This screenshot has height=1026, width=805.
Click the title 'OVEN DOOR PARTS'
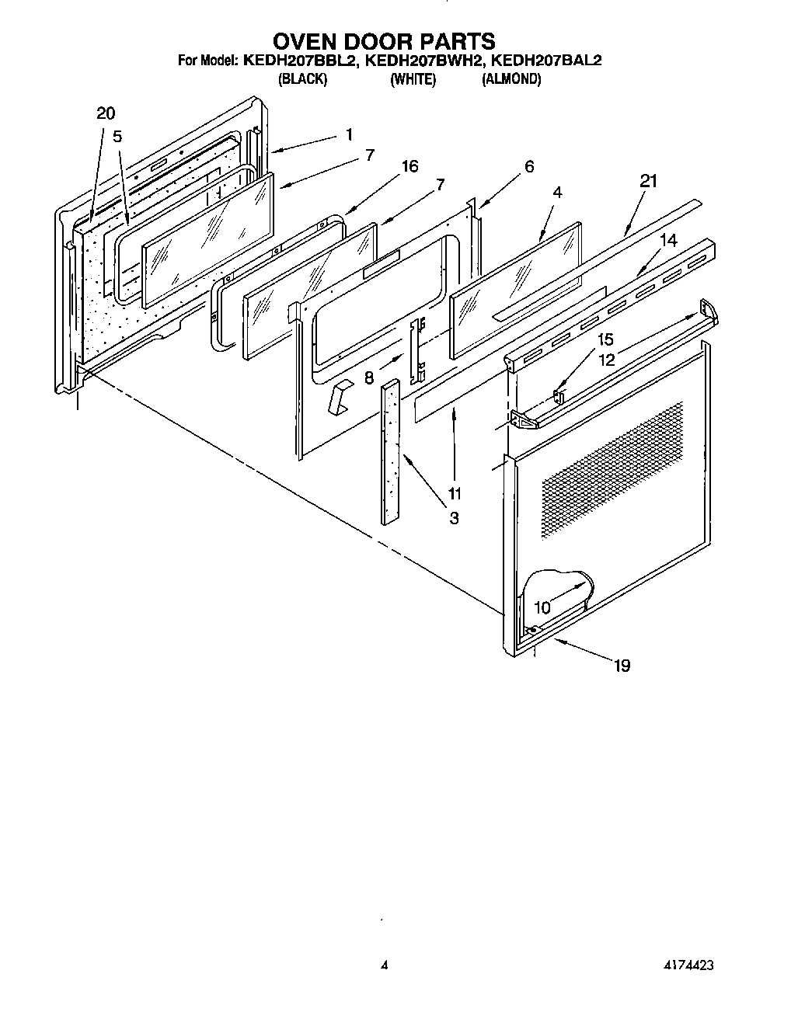point(384,40)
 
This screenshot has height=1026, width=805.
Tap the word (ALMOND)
point(511,79)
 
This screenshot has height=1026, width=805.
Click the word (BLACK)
point(302,79)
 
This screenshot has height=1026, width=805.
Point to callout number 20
point(106,113)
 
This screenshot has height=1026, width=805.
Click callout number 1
point(349,134)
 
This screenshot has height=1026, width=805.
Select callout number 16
point(409,166)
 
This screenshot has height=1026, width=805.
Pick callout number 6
point(529,166)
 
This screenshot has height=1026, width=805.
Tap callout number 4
point(557,191)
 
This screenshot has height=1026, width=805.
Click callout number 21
point(648,181)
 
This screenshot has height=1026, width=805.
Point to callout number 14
point(668,241)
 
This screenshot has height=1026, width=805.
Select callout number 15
point(605,339)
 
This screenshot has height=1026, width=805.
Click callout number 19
point(622,665)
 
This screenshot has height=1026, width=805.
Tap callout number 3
point(454,518)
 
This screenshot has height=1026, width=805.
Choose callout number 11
point(455,493)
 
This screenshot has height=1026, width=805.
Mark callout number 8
point(369,380)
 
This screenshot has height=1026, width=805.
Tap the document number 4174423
point(684,966)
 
